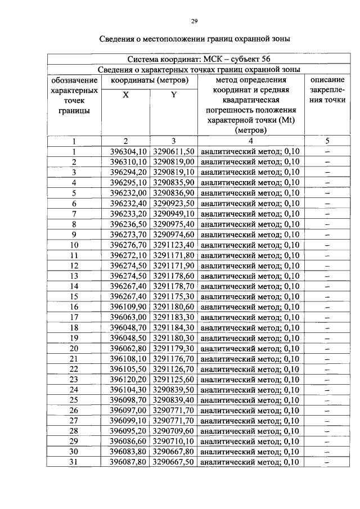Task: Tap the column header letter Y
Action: pos(174,95)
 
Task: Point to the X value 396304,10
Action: pos(128,152)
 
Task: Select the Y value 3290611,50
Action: pos(174,152)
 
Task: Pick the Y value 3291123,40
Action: pos(174,245)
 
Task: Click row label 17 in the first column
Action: pos(74,318)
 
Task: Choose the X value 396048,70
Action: pos(128,328)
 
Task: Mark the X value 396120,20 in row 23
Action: pos(128,380)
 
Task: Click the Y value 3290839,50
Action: pos(174,390)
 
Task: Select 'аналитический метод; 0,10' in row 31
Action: pos(250,462)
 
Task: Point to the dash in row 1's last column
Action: pos(327,152)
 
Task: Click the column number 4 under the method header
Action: pos(251,141)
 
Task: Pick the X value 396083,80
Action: pos(128,452)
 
